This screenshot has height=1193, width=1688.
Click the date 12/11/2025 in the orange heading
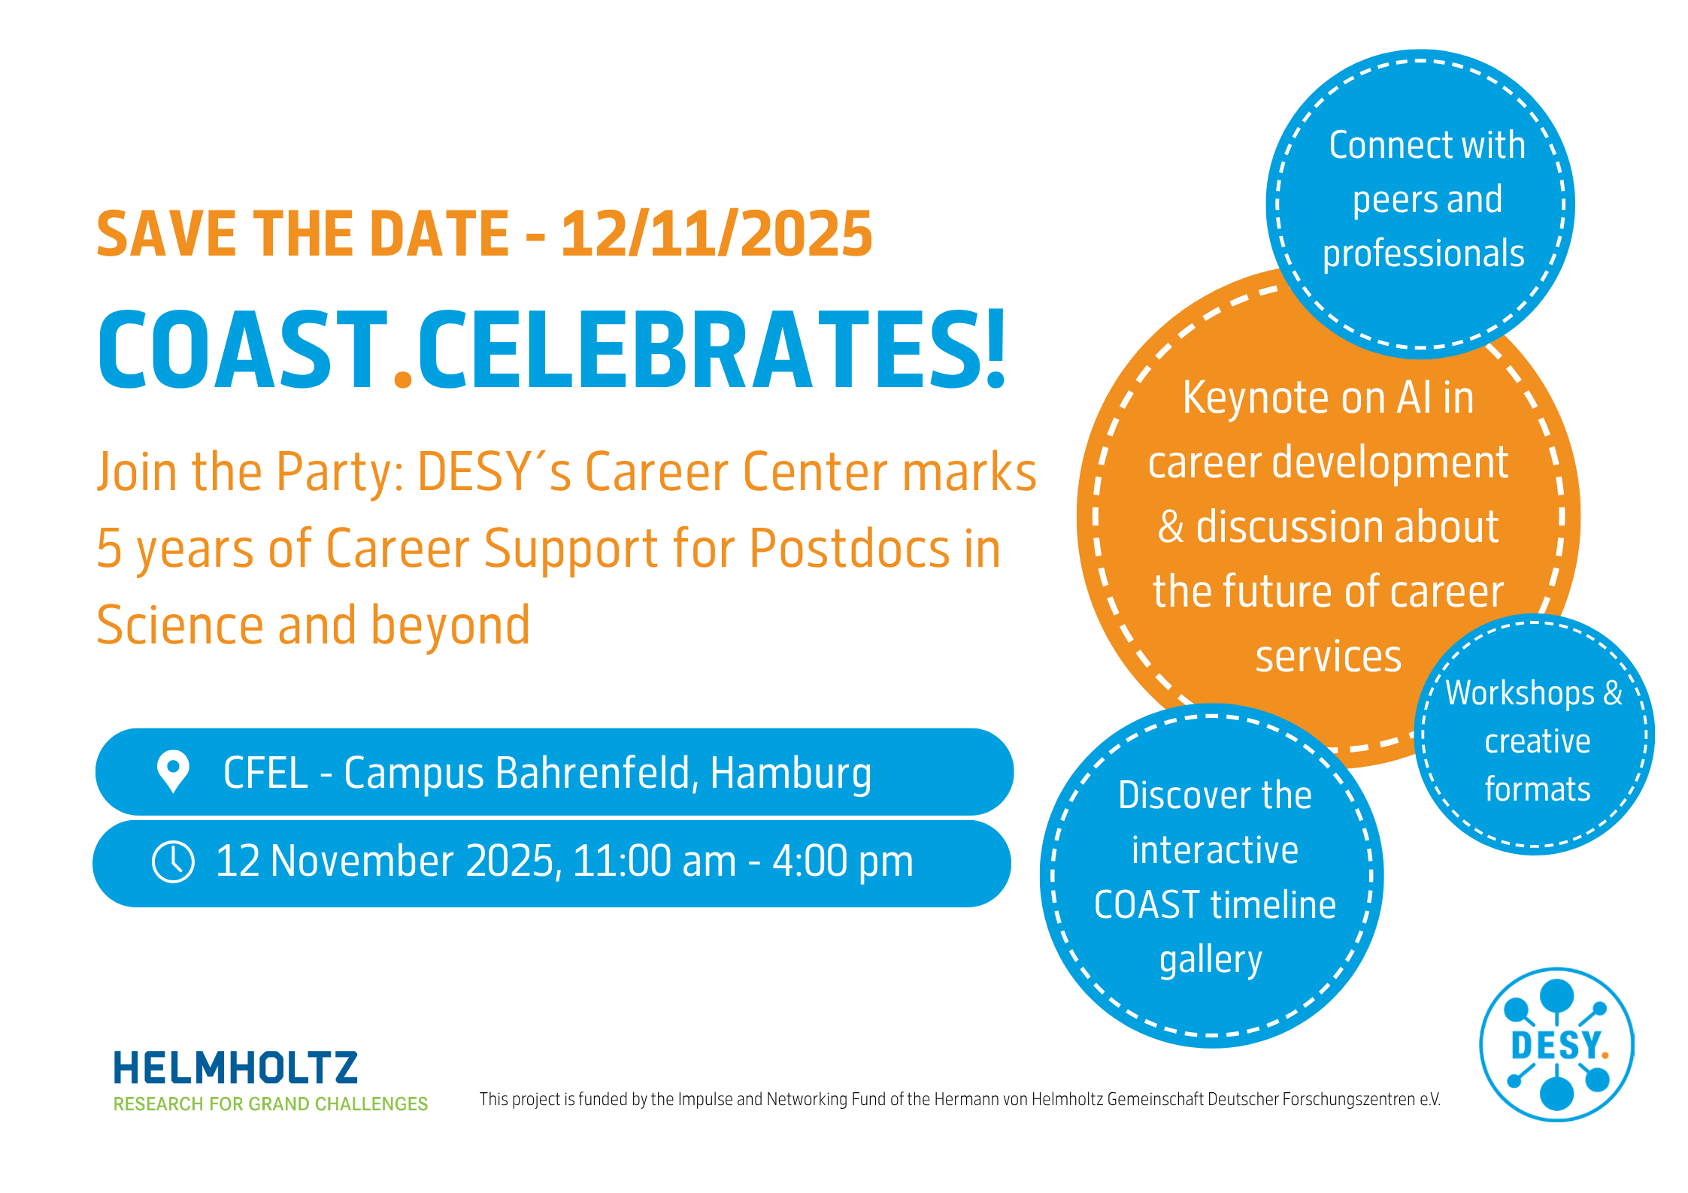click(717, 234)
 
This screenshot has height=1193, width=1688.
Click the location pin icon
click(173, 771)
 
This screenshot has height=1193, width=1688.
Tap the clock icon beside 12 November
click(173, 861)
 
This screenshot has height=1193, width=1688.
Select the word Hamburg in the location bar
click(791, 774)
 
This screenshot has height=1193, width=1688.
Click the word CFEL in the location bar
click(265, 773)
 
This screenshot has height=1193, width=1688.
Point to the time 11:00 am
click(654, 861)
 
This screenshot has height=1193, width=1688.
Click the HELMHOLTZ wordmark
click(235, 1067)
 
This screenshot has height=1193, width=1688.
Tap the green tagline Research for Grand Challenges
click(271, 1104)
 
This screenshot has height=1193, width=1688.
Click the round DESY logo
click(1556, 1045)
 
